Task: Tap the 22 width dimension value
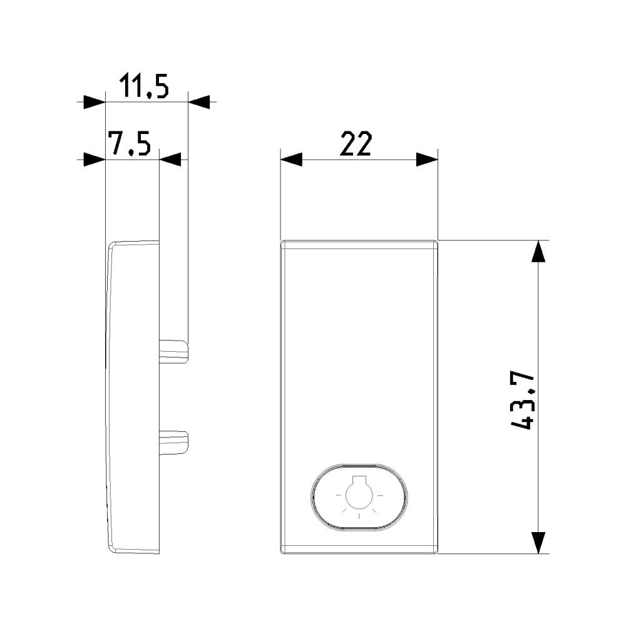pyautogui.click(x=356, y=144)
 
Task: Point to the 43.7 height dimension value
pyautogui.click(x=522, y=401)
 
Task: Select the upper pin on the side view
pyautogui.click(x=173, y=352)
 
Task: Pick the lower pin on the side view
pyautogui.click(x=173, y=443)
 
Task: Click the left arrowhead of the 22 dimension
pyautogui.click(x=291, y=160)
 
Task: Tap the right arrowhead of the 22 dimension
pyautogui.click(x=427, y=160)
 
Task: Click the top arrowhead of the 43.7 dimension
pyautogui.click(x=539, y=252)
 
